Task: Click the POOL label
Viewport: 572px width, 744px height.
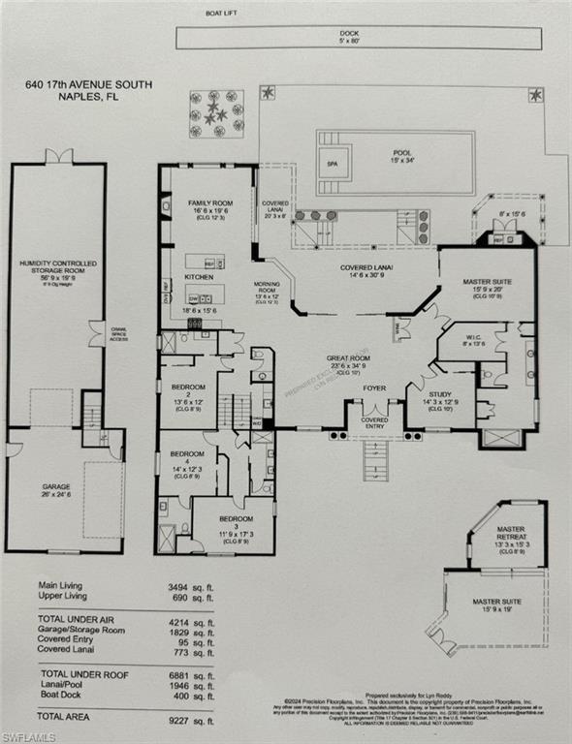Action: (402, 154)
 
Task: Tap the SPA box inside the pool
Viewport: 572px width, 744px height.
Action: (333, 164)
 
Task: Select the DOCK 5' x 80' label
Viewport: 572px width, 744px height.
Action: (349, 37)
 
